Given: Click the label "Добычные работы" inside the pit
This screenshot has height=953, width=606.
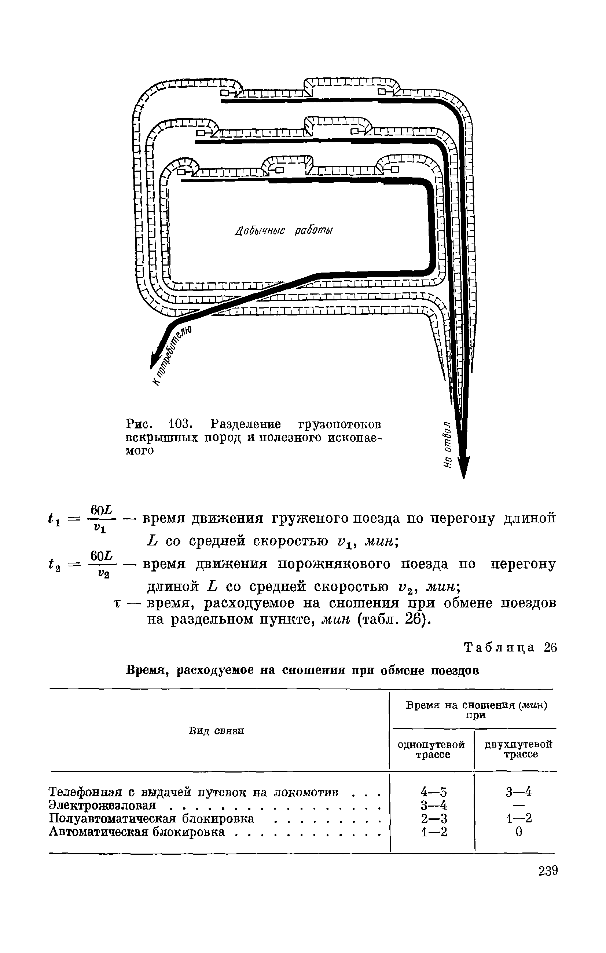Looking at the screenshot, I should pyautogui.click(x=283, y=231).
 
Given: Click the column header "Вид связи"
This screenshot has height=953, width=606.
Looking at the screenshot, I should pyautogui.click(x=216, y=731).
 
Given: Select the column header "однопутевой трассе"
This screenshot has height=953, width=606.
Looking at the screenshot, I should pyautogui.click(x=431, y=749).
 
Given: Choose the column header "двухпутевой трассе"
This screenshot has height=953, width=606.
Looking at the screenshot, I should pyautogui.click(x=518, y=749).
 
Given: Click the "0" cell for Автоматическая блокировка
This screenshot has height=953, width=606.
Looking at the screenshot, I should pyautogui.click(x=519, y=832).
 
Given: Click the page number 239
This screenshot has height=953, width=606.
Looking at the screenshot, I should pyautogui.click(x=547, y=871).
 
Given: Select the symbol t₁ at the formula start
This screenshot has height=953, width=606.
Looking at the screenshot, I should pyautogui.click(x=51, y=519).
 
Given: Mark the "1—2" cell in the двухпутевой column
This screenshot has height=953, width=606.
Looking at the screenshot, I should pyautogui.click(x=519, y=818).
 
